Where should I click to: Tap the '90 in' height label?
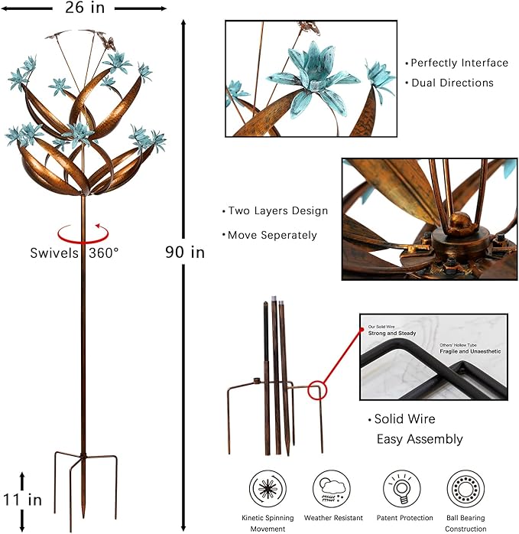(185, 252)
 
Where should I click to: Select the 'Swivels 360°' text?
(75, 252)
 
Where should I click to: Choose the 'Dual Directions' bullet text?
(452, 83)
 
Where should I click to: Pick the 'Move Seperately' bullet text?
(269, 235)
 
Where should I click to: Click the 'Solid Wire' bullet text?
(404, 419)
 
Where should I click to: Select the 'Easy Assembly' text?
(420, 439)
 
